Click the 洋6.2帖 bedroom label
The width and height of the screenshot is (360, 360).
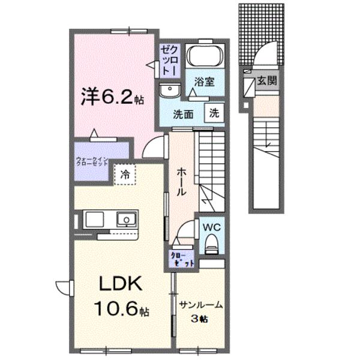tap(113, 97)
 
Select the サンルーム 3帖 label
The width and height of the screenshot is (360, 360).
tap(201, 311)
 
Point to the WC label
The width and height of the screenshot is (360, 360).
tap(211, 228)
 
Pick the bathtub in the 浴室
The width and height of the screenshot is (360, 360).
tap(204, 58)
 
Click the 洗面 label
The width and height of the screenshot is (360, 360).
tap(183, 113)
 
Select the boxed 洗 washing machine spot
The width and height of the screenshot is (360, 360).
tap(214, 112)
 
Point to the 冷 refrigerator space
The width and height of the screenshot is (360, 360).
tap(125, 175)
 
